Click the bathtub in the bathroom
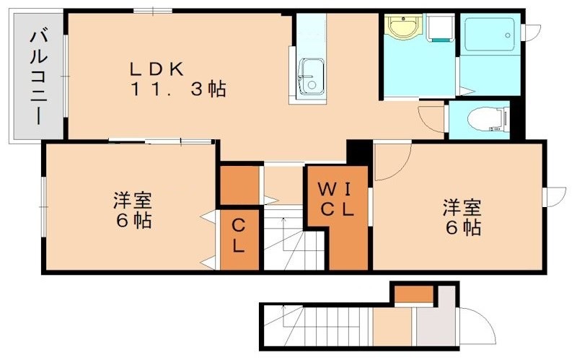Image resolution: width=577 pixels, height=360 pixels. coord(488,33)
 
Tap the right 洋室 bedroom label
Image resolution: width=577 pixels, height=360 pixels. coord(462,208)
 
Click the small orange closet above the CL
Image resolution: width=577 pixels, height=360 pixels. coord(239,185)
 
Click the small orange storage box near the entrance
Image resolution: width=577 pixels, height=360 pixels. coord(414,294)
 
